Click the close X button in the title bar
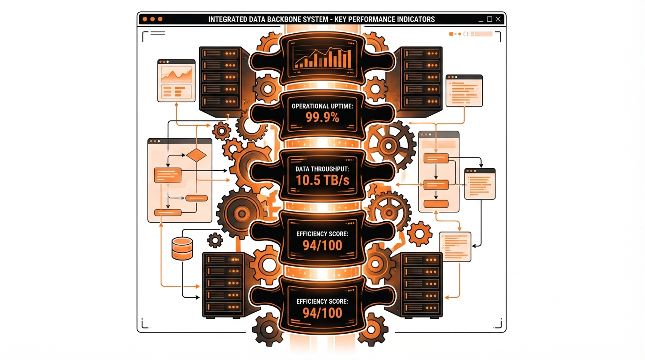pos(498,19)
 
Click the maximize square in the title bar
pos(489,19)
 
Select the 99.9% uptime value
pos(322,117)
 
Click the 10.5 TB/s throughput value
pos(322,180)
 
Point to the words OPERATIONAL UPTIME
pos(322,106)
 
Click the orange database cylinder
pos(182,248)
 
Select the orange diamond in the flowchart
pos(196,155)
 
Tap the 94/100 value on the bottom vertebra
pos(322,313)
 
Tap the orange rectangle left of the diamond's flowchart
pos(168,175)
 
